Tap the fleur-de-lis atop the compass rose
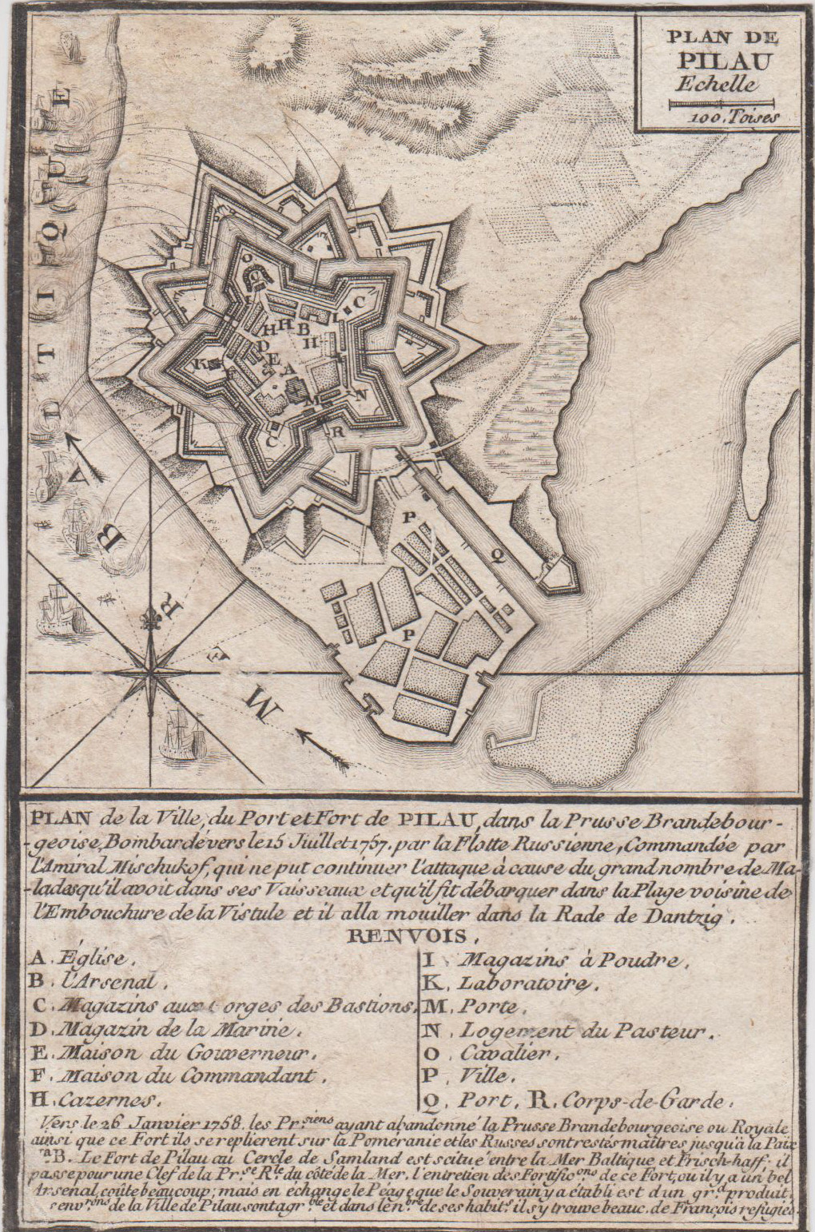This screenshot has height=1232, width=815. coord(150,620)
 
